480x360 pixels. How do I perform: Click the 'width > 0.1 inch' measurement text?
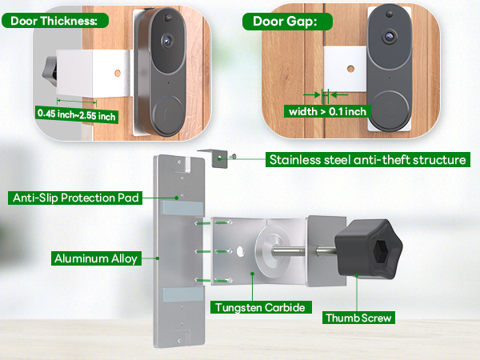[328, 111]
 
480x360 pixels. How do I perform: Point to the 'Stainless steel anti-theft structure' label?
[367, 159]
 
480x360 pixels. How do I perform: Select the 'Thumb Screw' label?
[359, 317]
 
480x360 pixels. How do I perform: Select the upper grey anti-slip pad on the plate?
[183, 206]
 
